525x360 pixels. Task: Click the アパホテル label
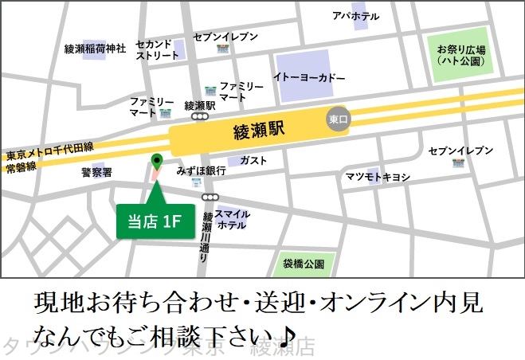pyautogui.click(x=355, y=16)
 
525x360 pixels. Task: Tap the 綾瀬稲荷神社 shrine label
pyautogui.click(x=96, y=49)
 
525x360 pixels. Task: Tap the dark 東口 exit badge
pyautogui.click(x=339, y=119)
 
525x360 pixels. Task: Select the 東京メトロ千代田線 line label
pyautogui.click(x=49, y=148)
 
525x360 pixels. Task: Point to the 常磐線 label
pyautogui.click(x=22, y=168)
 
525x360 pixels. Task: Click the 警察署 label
pyautogui.click(x=96, y=171)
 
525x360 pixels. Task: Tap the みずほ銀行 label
pyautogui.click(x=202, y=170)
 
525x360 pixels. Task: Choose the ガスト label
pyautogui.click(x=253, y=160)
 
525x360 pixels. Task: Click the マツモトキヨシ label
pyautogui.click(x=378, y=176)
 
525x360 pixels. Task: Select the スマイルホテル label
pyautogui.click(x=232, y=219)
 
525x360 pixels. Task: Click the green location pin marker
pyautogui.click(x=156, y=161)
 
